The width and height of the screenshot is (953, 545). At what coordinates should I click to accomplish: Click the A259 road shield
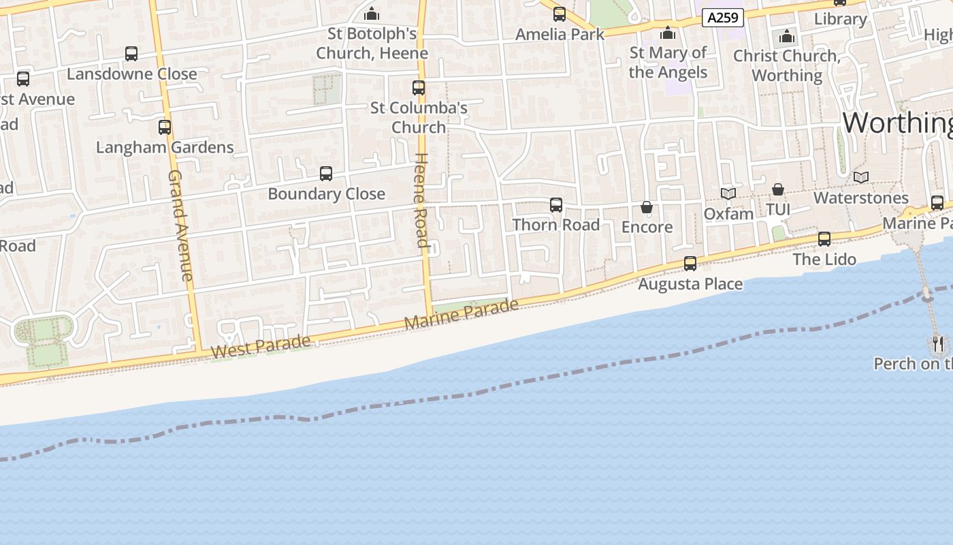click(x=722, y=18)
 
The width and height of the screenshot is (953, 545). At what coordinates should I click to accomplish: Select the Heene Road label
click(x=421, y=200)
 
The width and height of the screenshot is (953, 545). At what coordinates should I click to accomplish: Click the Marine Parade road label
click(x=461, y=314)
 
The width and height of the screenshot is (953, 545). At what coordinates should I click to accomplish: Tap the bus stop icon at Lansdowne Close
click(x=131, y=54)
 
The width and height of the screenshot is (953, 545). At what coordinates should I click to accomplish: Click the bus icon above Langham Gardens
click(x=164, y=127)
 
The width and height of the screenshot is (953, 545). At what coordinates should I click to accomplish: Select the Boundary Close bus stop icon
click(x=326, y=174)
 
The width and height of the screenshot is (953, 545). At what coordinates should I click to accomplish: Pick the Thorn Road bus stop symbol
click(x=556, y=205)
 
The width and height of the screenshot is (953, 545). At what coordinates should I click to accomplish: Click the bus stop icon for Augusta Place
click(x=690, y=264)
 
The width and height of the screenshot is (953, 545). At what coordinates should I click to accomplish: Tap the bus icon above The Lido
click(x=824, y=239)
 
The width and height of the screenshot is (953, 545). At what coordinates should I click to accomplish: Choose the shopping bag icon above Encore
click(x=647, y=207)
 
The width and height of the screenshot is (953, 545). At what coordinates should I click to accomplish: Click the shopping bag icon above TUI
click(x=778, y=189)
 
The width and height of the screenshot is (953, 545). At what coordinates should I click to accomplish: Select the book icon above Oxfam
click(x=728, y=193)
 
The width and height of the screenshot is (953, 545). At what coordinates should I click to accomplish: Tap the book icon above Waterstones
click(x=861, y=178)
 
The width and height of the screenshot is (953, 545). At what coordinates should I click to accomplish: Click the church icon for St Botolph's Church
click(x=372, y=14)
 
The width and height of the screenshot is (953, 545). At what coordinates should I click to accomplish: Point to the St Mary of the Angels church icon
click(x=668, y=33)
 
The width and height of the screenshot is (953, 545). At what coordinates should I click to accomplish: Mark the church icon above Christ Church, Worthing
click(x=788, y=36)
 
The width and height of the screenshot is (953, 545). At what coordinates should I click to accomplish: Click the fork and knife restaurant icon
click(x=939, y=343)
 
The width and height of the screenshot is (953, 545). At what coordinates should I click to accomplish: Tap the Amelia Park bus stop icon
click(x=560, y=14)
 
